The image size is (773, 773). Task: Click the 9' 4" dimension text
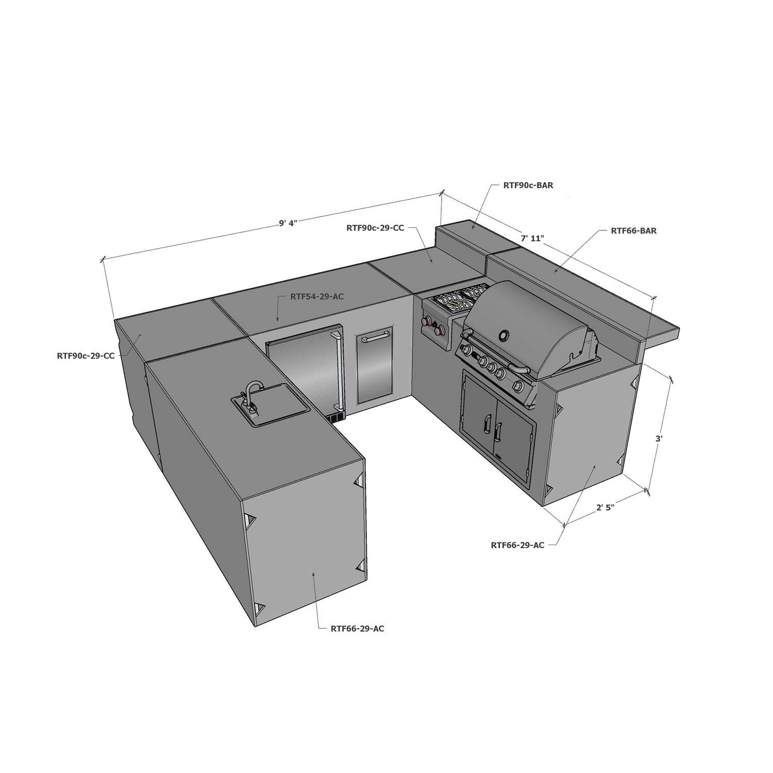point(289,223)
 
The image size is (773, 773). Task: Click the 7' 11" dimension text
point(532,238)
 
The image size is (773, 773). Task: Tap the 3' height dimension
point(658,439)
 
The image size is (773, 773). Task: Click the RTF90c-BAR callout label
point(528,186)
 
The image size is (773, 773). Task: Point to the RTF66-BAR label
point(633,231)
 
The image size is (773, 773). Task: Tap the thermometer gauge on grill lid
point(503,336)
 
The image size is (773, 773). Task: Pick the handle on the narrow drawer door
point(375,339)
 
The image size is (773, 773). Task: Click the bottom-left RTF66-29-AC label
point(358,628)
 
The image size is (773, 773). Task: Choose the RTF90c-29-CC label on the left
point(86,356)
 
